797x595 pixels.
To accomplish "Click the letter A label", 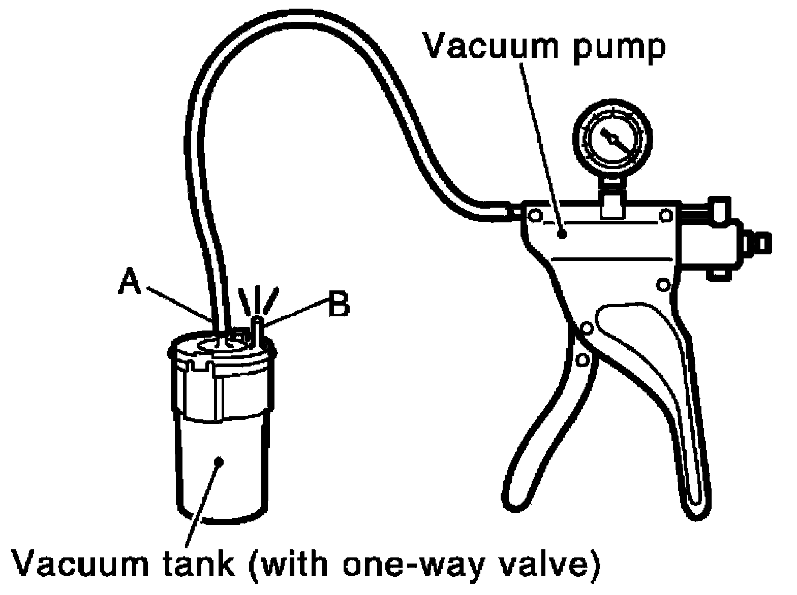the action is coord(129,282).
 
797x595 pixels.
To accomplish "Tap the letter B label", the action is coord(338,304).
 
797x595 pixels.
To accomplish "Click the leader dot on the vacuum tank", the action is coord(219,461).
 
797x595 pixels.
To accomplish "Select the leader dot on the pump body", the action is coord(562,234).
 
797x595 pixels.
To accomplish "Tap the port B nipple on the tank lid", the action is coord(259,330).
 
